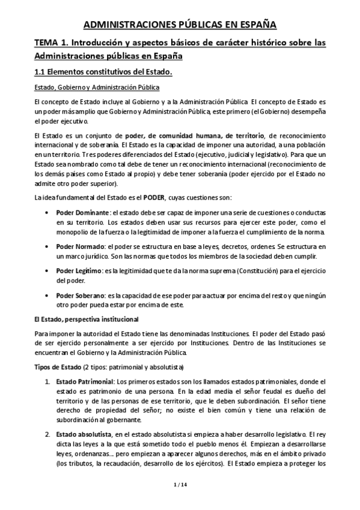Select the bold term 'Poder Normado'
pos(78,247)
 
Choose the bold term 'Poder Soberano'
pos(79,296)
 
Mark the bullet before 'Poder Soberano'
pos(47,296)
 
